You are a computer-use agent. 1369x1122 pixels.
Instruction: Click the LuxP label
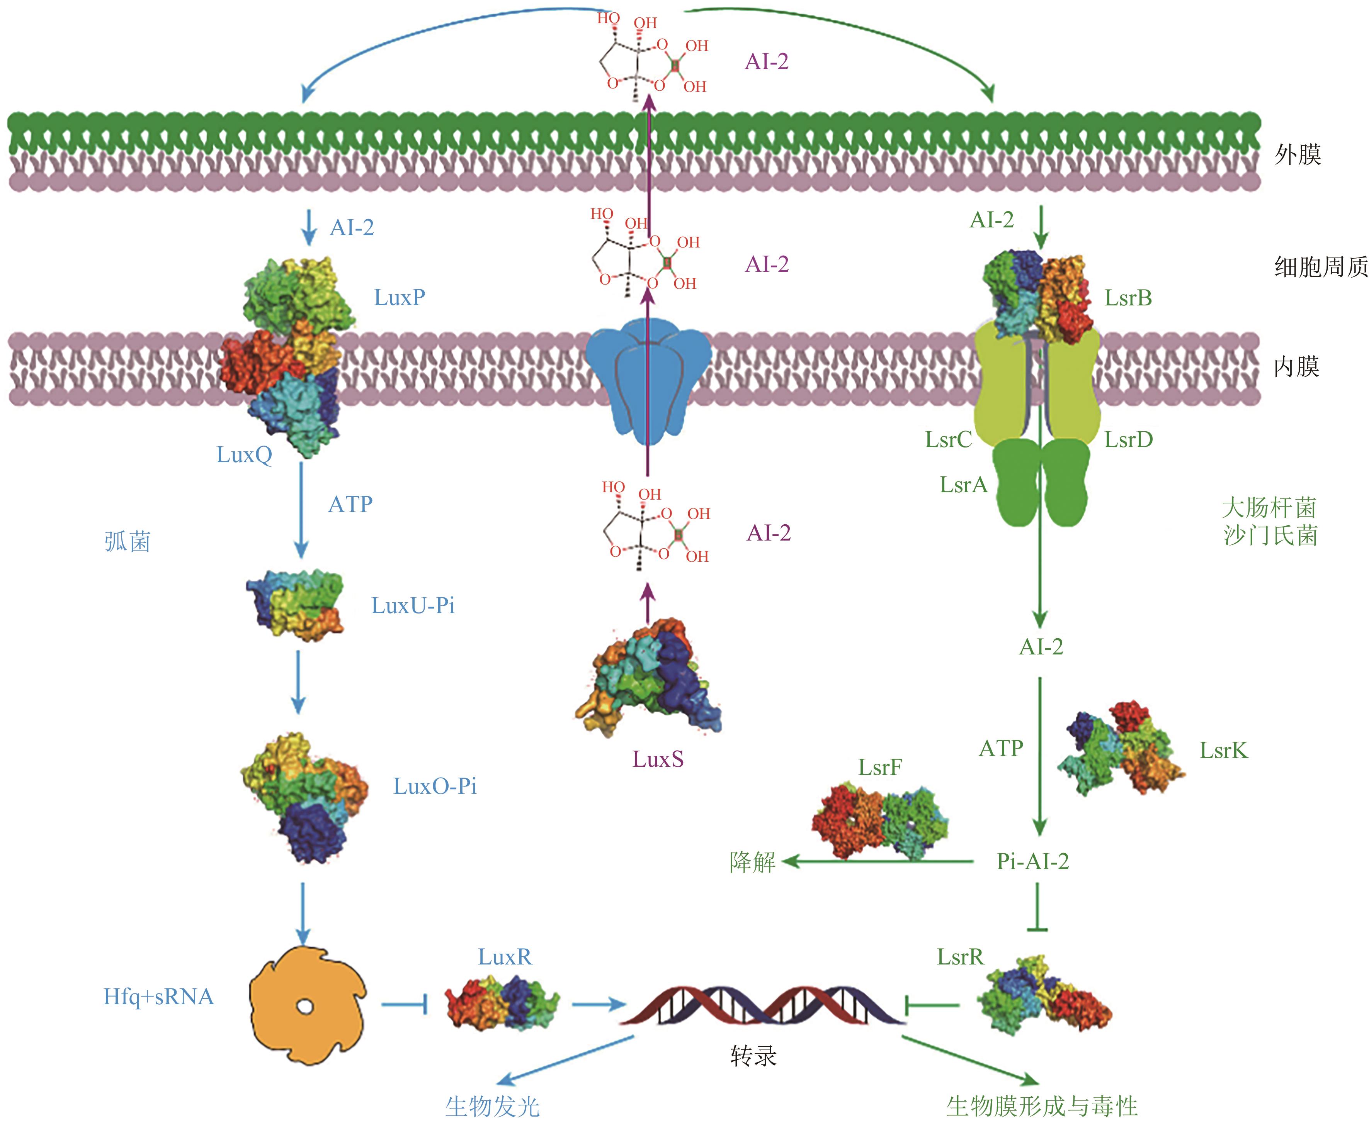(399, 297)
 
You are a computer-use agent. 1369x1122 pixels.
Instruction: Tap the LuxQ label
(244, 455)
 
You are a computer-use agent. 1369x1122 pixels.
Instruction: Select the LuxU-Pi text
(413, 606)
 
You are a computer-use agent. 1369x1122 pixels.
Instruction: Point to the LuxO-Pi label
(435, 786)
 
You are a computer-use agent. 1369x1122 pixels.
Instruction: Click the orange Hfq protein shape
(307, 1005)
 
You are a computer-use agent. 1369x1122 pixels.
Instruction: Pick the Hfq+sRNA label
(158, 997)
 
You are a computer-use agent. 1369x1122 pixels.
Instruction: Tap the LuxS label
(658, 759)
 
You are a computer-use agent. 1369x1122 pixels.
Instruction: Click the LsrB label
(1128, 298)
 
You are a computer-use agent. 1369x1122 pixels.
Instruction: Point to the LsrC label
(948, 440)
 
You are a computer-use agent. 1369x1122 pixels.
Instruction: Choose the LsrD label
(1128, 440)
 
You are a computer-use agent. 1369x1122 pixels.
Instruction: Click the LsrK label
(1223, 750)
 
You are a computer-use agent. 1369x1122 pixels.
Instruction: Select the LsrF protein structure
(879, 821)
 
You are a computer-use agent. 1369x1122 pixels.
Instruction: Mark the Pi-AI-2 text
(1033, 861)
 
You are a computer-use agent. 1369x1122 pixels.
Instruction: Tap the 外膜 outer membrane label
(1297, 155)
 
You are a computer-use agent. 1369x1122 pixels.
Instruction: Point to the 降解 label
(752, 862)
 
